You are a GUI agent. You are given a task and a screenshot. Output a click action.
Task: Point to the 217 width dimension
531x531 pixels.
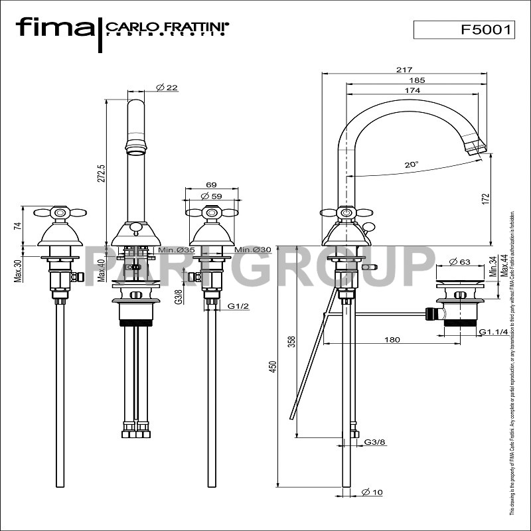tap(404, 70)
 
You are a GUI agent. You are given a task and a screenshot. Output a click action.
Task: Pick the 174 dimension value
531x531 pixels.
tap(412, 90)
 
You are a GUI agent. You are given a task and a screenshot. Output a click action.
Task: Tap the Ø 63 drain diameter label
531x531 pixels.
tap(459, 262)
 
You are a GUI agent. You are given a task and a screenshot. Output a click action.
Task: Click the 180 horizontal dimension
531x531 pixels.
tap(392, 340)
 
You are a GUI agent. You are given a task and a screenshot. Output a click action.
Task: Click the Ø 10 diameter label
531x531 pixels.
tap(373, 492)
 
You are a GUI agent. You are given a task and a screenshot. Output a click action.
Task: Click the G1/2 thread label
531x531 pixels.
tap(238, 307)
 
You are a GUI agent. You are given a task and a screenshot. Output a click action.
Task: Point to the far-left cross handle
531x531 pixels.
tap(60, 213)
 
